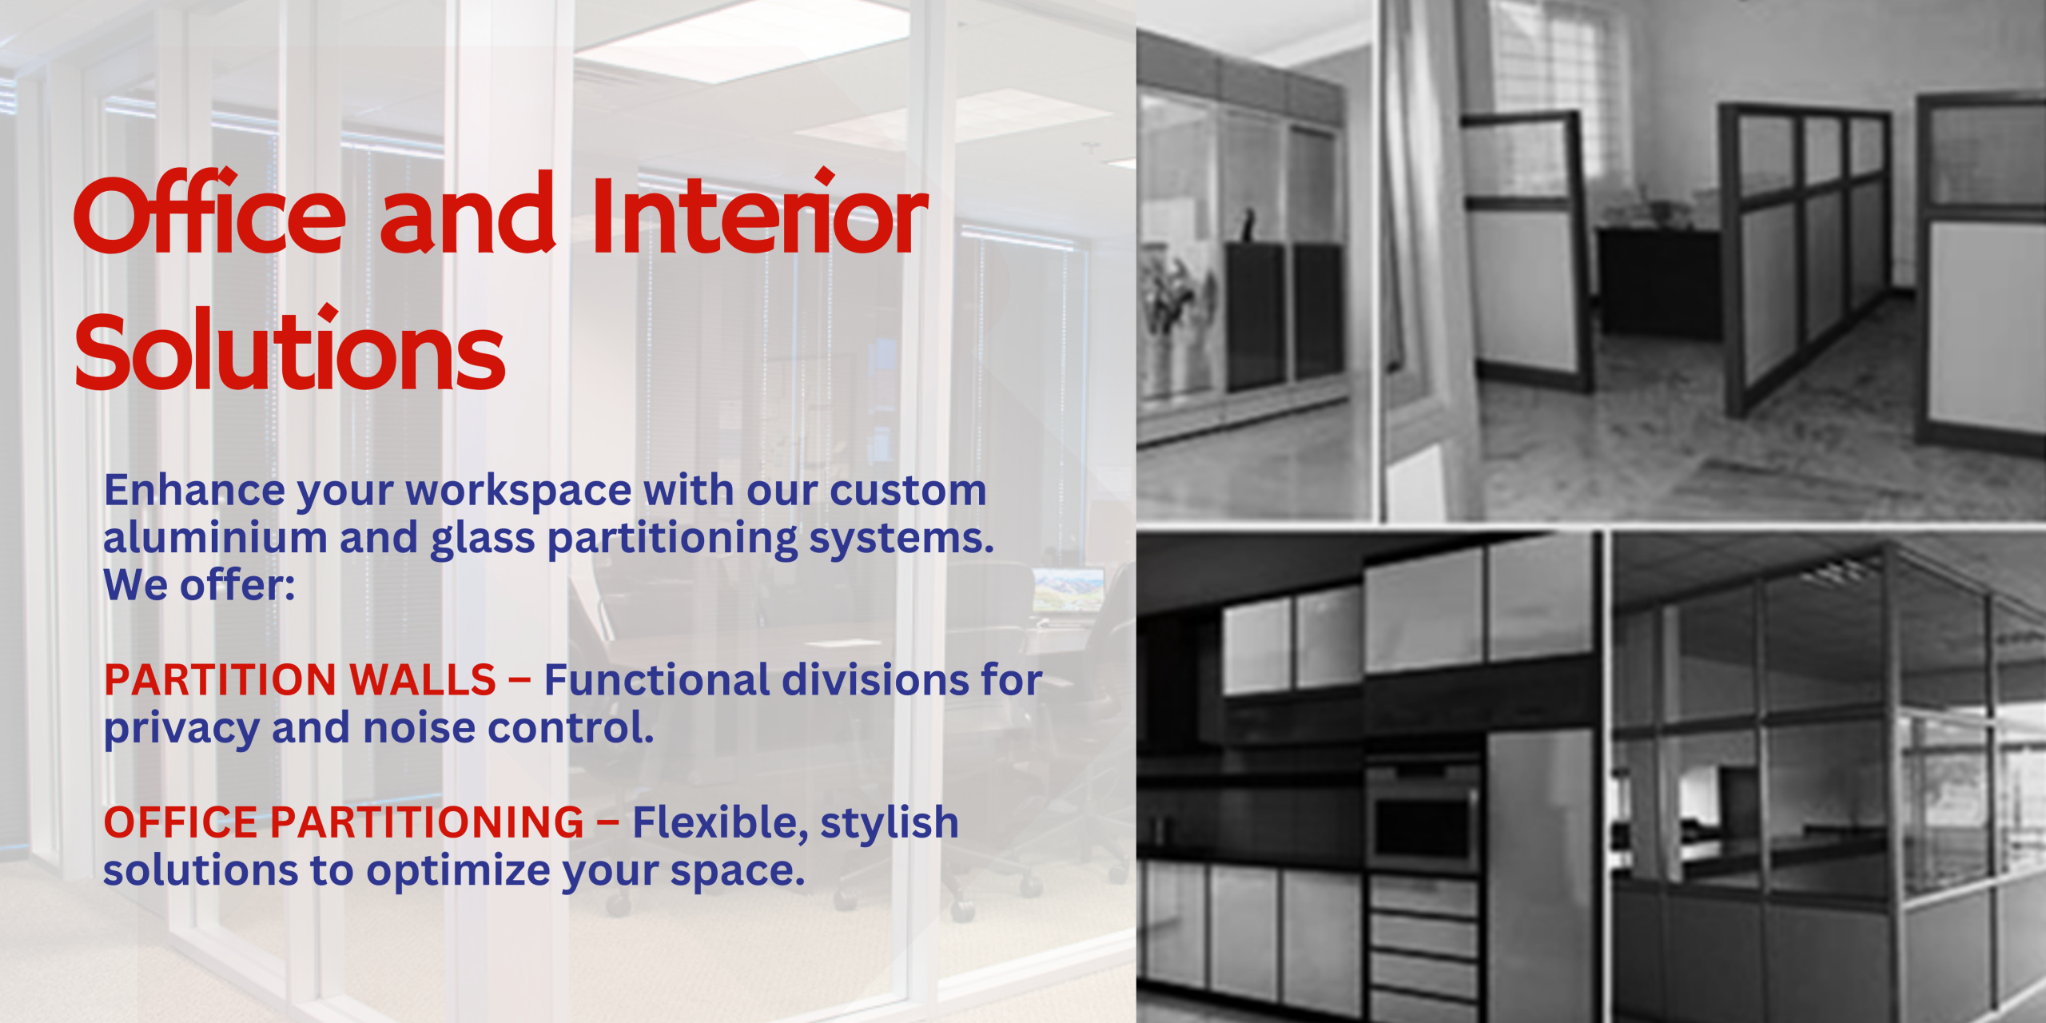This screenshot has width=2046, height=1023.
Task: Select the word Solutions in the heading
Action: click(289, 348)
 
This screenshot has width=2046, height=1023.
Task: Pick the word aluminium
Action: click(215, 537)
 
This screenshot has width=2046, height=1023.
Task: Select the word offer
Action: click(237, 584)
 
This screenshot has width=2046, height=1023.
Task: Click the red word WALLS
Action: click(423, 680)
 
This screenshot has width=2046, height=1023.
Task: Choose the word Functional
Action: click(656, 679)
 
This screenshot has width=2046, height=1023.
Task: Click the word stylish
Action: click(889, 823)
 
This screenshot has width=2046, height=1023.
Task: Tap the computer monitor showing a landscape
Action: click(1069, 590)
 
